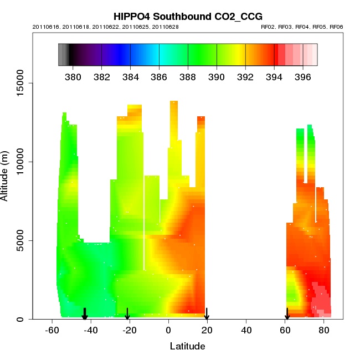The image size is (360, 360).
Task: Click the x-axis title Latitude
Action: (x=188, y=347)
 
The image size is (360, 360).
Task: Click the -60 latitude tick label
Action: (x=52, y=331)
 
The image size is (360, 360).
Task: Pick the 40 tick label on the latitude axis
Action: (x=246, y=331)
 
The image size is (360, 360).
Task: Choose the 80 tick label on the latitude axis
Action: (x=323, y=331)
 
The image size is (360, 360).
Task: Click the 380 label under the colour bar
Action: (x=73, y=76)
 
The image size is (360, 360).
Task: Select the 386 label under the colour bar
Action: (x=159, y=76)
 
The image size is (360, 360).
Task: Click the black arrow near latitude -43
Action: (x=85, y=314)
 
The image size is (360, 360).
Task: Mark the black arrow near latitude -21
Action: (x=127, y=314)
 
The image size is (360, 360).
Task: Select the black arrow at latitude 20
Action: (x=207, y=314)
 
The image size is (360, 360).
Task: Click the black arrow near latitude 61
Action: (x=287, y=314)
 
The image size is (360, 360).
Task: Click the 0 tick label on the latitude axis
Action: (x=168, y=331)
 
